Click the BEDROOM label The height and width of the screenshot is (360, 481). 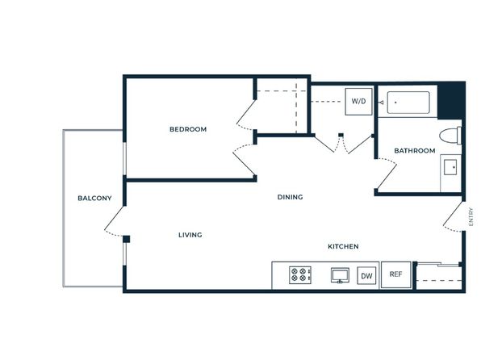[188, 129]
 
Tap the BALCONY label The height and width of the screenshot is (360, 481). [94, 199]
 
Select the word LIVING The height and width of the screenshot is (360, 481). [190, 235]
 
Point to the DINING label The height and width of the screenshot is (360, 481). [291, 197]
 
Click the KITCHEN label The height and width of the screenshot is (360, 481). [343, 246]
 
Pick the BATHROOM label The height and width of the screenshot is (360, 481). [415, 151]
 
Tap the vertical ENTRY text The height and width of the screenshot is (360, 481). [471, 217]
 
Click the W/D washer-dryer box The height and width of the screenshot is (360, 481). [358, 102]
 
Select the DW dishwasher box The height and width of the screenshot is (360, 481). [366, 275]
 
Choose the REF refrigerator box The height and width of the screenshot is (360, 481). [395, 274]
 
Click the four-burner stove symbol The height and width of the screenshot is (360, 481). [300, 274]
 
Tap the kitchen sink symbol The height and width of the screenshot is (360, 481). [340, 275]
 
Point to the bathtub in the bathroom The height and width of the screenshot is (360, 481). [408, 103]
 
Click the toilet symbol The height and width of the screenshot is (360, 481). [450, 136]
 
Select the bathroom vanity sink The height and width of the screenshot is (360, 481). [450, 167]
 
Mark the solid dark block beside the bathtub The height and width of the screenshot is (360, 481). [451, 100]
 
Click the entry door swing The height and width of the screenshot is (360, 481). [453, 217]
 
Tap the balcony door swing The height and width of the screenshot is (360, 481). [114, 222]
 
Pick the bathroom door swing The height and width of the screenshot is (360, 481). [387, 174]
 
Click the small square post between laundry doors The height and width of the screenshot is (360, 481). [341, 135]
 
